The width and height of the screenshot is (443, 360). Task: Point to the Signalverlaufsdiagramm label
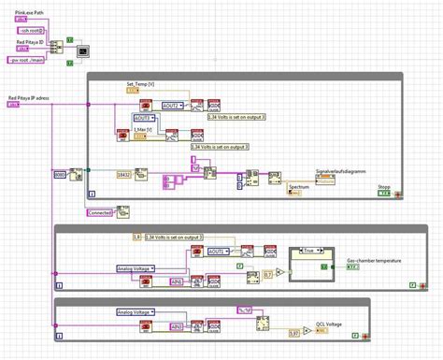[342, 171]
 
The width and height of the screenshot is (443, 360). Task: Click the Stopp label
[384, 186]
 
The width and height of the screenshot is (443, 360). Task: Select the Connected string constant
[102, 212]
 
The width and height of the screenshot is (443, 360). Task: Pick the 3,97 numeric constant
[294, 332]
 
